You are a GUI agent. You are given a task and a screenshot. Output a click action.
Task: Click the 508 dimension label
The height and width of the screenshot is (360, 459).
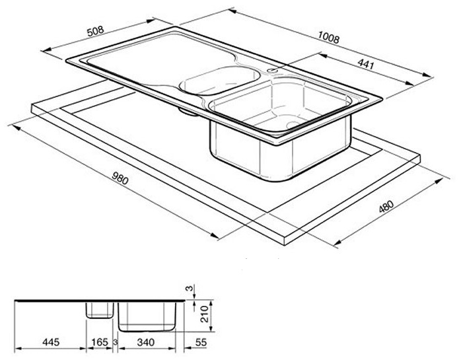click(95, 31)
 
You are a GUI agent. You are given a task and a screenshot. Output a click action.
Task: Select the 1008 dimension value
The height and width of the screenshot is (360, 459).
click(329, 38)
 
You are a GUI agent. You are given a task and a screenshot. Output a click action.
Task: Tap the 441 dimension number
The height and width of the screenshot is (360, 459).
click(366, 64)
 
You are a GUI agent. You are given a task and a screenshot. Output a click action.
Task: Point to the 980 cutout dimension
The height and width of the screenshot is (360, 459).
click(120, 178)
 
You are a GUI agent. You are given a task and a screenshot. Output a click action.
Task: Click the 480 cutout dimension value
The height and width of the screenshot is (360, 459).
click(386, 207)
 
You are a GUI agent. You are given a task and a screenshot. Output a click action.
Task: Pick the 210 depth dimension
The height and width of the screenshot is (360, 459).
click(205, 314)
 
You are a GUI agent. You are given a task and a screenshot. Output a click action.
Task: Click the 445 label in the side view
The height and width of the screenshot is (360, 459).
click(51, 342)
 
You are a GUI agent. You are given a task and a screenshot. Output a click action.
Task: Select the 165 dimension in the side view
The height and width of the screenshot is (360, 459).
click(100, 342)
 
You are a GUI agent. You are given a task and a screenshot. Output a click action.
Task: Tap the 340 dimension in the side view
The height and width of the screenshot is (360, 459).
click(145, 342)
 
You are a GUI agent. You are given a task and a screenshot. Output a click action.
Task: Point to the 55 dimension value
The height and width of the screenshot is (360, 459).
click(201, 342)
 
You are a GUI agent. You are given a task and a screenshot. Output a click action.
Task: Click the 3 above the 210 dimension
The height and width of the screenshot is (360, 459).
click(191, 289)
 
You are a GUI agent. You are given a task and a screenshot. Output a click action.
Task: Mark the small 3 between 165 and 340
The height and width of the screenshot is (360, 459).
click(116, 342)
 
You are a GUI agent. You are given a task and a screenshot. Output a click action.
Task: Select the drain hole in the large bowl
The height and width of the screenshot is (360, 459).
click(293, 125)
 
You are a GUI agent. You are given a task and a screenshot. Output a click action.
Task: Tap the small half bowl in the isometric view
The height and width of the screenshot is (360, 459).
click(219, 81)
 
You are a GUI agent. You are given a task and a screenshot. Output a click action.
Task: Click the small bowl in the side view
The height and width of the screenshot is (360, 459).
click(100, 310)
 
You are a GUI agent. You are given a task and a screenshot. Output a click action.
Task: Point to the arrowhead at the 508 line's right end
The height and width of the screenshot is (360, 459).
click(151, 20)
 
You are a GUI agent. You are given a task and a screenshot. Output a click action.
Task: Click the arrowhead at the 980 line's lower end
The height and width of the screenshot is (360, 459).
click(215, 236)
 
